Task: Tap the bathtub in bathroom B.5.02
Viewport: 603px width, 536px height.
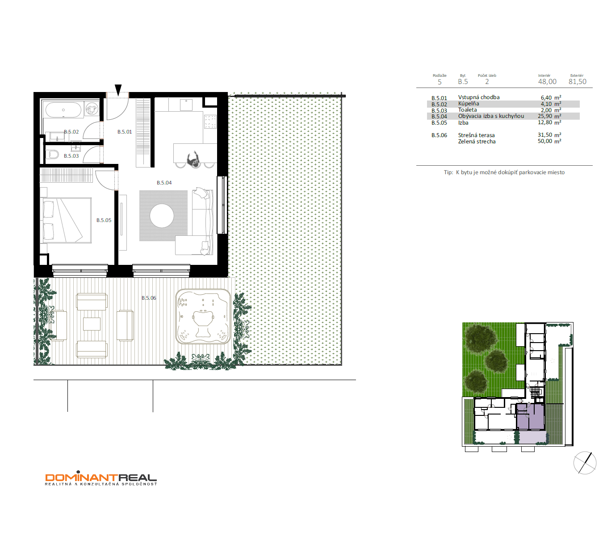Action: click(x=63, y=110)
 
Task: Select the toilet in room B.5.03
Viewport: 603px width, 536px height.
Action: click(x=52, y=155)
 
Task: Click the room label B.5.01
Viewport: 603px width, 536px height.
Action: click(x=125, y=132)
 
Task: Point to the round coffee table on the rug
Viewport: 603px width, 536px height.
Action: click(x=162, y=216)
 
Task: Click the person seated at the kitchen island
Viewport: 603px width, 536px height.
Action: click(x=193, y=159)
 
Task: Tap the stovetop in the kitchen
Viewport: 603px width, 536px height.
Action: click(x=210, y=121)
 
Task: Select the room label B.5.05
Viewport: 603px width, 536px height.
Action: click(x=104, y=220)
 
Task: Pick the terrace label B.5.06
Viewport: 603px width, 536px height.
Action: click(x=149, y=298)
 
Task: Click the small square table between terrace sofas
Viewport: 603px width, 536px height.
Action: click(x=92, y=324)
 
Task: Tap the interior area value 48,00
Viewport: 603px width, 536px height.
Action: click(x=547, y=82)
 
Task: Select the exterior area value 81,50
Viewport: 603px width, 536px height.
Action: click(x=578, y=82)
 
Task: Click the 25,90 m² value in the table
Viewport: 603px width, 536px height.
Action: click(x=549, y=116)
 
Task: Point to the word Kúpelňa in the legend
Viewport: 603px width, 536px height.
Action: click(x=469, y=104)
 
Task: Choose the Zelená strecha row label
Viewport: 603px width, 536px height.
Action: click(x=477, y=142)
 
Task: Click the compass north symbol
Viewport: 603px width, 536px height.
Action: click(x=585, y=463)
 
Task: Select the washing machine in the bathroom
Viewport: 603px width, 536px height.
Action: click(x=92, y=109)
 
